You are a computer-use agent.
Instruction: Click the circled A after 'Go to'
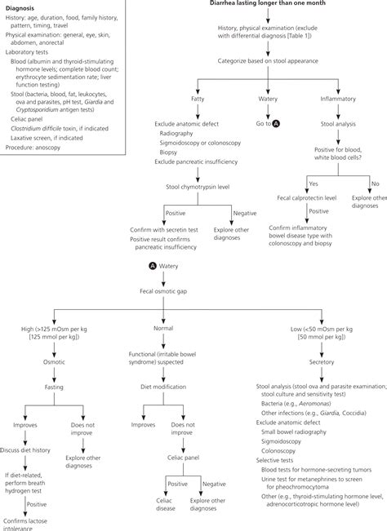277,122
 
